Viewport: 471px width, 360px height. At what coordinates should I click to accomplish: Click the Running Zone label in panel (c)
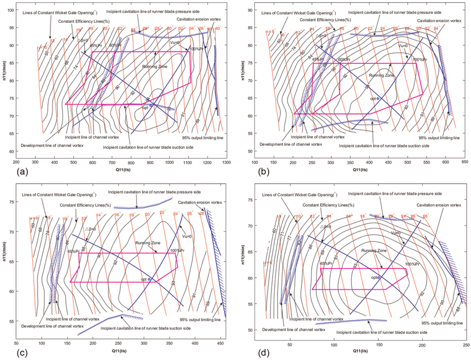149,243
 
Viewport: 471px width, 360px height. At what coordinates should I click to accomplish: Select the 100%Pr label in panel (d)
412,264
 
